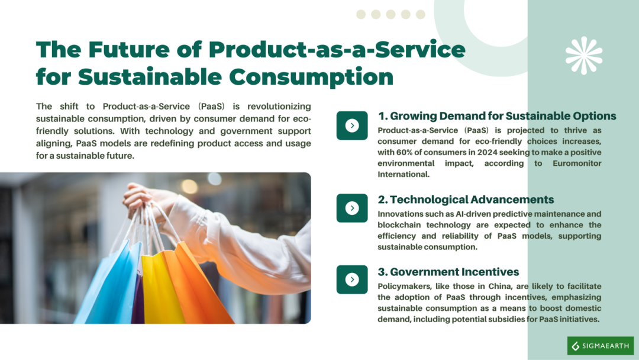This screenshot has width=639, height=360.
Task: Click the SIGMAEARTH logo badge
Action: tap(601, 346)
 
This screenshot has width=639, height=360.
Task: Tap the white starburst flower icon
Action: tap(584, 56)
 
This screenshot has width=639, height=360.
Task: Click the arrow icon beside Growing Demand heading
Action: tap(352, 126)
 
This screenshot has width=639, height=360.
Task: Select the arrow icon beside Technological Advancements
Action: tap(352, 208)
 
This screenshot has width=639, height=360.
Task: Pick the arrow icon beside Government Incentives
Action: tap(352, 279)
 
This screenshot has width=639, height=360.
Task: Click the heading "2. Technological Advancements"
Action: tap(466, 200)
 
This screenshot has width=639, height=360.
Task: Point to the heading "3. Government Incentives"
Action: tap(448, 272)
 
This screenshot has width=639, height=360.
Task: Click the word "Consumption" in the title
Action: tap(311, 77)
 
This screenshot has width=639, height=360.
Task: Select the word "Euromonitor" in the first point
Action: tap(577, 163)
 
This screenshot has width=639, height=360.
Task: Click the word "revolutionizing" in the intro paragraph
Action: tap(279, 107)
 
